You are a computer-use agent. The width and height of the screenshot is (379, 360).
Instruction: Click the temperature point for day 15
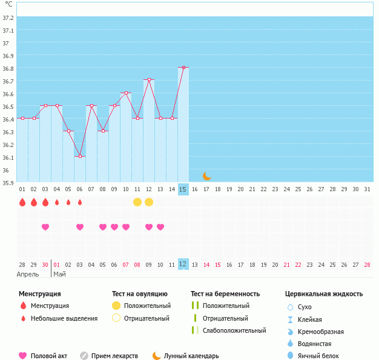(x=183, y=68)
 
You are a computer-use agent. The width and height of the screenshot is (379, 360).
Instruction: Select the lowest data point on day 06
(x=80, y=156)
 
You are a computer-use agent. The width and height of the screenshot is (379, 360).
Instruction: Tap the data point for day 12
(x=149, y=80)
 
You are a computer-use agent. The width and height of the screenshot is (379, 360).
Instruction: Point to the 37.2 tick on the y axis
(x=8, y=18)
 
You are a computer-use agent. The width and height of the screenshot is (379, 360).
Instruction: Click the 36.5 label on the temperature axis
(x=8, y=106)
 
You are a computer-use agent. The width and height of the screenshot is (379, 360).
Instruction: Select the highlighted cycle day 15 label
(x=183, y=189)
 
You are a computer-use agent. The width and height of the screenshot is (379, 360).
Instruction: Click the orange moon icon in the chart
(x=206, y=176)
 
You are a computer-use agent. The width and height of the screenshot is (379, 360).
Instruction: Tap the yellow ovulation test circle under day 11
(x=137, y=202)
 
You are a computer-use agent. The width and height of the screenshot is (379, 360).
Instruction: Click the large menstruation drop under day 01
(x=22, y=202)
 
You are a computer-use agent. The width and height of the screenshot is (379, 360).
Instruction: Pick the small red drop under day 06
(x=80, y=202)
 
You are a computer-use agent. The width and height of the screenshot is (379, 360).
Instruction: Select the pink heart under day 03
(x=45, y=227)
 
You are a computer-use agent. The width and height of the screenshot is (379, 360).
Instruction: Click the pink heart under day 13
(x=160, y=227)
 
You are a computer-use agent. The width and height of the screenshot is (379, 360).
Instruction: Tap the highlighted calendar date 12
(x=183, y=264)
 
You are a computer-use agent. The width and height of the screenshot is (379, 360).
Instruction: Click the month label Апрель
(x=28, y=274)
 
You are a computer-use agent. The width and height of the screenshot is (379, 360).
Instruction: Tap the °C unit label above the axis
(x=8, y=5)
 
